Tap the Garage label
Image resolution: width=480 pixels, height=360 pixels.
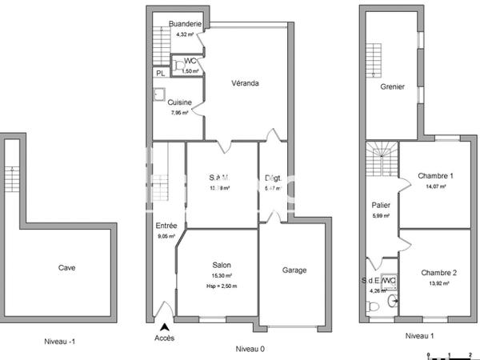pyautogui.click(x=293, y=270)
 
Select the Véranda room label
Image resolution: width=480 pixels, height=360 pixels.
pyautogui.click(x=245, y=83)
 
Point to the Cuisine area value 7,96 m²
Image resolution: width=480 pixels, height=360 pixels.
pyautogui.click(x=179, y=113)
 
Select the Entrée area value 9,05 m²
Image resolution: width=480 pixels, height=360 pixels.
pyautogui.click(x=166, y=236)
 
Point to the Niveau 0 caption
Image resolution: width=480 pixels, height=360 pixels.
pyautogui.click(x=250, y=349)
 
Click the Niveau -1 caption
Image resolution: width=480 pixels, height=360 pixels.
pyautogui.click(x=60, y=341)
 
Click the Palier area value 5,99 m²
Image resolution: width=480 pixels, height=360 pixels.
pyautogui.click(x=381, y=215)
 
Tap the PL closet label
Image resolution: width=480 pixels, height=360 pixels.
pyautogui.click(x=160, y=73)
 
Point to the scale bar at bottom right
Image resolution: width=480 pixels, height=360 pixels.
pyautogui.click(x=450, y=354)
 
